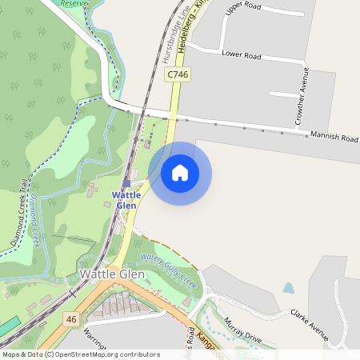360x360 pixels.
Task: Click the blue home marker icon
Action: pos(180,172)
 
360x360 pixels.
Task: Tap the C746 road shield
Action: pos(178,74)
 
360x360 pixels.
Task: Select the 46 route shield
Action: pos(71,319)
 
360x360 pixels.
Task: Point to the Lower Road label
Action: pos(242,56)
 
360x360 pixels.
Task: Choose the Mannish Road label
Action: pos(334,138)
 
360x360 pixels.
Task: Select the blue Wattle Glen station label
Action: pos(126,200)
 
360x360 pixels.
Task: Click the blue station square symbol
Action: pos(126,183)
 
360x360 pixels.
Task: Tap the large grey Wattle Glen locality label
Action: pos(113,274)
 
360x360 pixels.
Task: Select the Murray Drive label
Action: pos(243,329)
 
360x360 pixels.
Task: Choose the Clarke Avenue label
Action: pos(310,325)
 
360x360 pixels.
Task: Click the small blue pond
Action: pos(288,288)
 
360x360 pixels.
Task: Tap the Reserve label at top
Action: pos(74,3)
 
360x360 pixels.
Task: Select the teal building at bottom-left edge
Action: pos(7,327)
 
